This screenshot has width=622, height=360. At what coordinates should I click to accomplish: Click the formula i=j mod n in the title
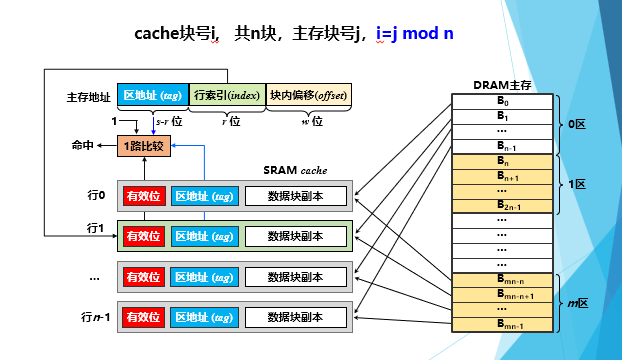coord(415,33)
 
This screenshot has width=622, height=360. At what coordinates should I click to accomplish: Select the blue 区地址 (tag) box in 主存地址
coord(151,95)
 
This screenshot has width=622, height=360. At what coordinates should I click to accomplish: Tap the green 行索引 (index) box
coord(226,95)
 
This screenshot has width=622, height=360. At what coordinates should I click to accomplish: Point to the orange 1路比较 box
coord(144,145)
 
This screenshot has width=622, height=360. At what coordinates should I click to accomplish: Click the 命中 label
coord(83,145)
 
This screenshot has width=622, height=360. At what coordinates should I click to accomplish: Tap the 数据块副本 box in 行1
coord(295,236)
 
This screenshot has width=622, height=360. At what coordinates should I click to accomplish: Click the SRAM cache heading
coord(296,171)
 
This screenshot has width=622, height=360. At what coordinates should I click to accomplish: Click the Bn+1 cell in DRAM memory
coord(502,175)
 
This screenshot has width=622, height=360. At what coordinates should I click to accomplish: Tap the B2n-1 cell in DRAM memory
coord(502,204)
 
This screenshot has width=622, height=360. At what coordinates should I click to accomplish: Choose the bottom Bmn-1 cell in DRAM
coord(502,324)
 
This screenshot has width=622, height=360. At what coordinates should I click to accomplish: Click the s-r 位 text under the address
coord(168,121)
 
